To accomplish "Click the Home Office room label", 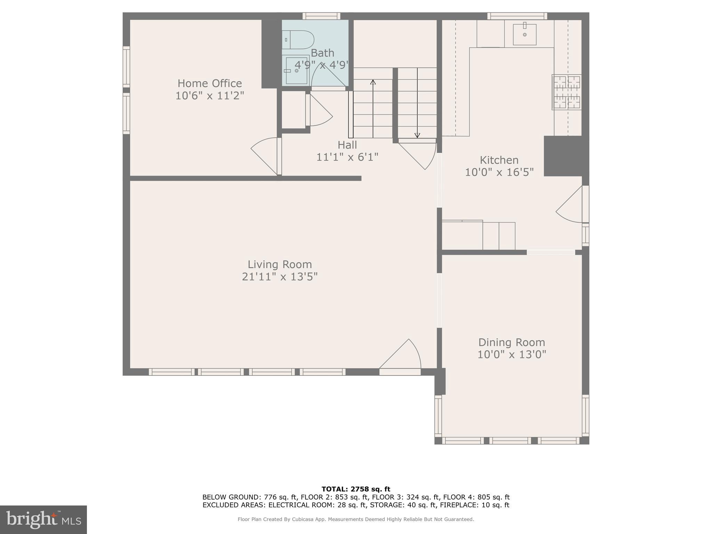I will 210,83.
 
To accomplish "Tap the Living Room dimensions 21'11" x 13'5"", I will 280,277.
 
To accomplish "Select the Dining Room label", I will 511,342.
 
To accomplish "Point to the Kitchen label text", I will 499,160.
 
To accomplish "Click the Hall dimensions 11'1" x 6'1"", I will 347,157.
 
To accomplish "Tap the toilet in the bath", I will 298,40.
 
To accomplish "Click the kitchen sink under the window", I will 525,34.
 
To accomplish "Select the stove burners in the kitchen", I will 567,92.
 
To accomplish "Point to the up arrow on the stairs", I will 373,83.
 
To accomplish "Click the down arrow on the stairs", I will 417,135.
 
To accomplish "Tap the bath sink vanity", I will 296,71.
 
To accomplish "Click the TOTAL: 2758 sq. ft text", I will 356,489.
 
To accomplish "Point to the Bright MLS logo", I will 43,520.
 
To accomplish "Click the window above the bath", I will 321,16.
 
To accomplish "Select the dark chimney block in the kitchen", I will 563,156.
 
